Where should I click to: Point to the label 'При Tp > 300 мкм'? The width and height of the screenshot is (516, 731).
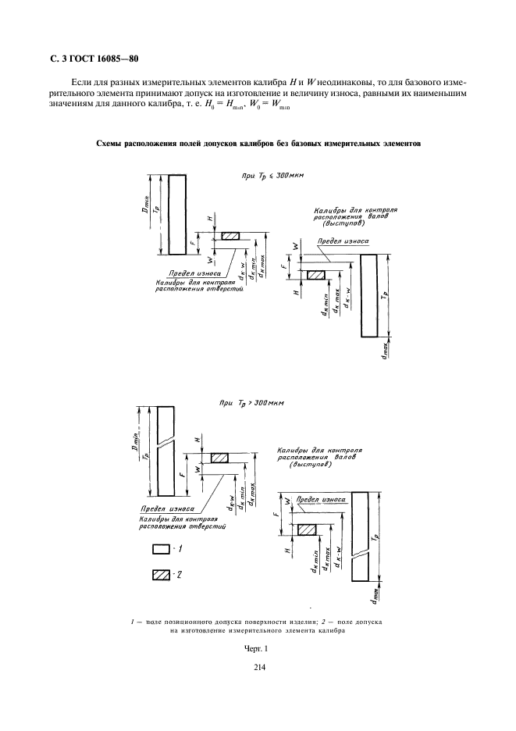coord(253,404)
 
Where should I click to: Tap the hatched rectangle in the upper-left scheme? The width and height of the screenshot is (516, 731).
coord(231,237)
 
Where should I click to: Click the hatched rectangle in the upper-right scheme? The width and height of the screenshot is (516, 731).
coord(317,275)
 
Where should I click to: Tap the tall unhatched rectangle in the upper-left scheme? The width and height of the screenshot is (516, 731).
coord(176,214)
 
